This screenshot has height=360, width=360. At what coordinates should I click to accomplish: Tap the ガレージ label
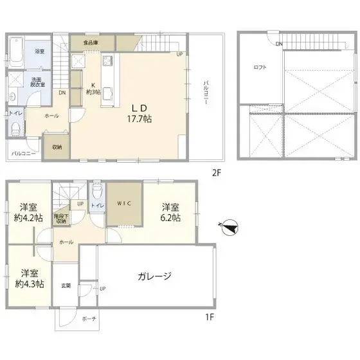[154, 276]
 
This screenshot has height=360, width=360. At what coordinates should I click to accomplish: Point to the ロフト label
[260, 67]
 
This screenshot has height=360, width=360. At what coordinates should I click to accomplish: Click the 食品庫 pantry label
[90, 43]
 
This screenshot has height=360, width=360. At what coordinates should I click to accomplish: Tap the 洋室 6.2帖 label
[170, 212]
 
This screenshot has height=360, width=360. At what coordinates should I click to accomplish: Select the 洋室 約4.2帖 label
[28, 212]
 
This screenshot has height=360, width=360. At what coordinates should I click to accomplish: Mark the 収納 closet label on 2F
[56, 147]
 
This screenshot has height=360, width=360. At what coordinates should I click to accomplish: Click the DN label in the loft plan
[279, 44]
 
